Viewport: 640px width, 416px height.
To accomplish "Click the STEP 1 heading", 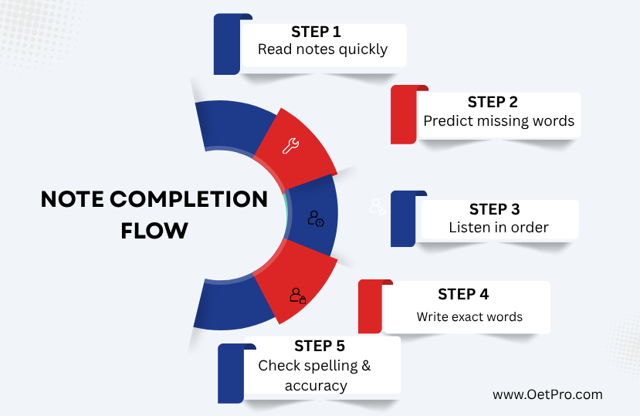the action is point(316,32).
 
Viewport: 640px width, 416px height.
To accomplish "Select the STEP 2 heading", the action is point(493,102).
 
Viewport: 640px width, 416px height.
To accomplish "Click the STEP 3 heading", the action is point(495,209).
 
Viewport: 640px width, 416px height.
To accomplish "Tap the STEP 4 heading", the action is point(463,294).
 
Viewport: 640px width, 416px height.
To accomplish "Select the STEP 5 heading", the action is point(320,347).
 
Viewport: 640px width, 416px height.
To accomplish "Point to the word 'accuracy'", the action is point(316,386).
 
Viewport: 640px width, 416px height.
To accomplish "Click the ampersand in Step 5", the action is point(366,365).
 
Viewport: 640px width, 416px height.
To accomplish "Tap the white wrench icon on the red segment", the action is point(290,146).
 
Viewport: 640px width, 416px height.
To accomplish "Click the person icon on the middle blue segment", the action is point(316,218).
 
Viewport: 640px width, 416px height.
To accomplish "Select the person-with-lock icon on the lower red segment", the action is point(298,296).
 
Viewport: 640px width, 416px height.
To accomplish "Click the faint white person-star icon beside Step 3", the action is point(378,207).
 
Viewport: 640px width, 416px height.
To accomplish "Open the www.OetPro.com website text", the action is point(547,394).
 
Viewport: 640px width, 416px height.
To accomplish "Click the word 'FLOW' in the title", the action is point(154,231).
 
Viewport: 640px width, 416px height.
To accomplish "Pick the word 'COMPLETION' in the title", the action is point(188,199).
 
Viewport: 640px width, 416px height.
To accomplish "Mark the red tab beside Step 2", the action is point(404,115).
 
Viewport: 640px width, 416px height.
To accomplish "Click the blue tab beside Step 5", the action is point(231,374).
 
